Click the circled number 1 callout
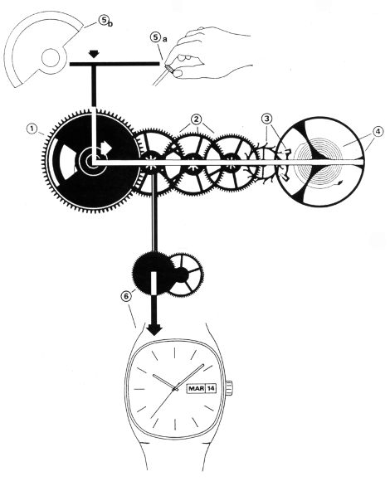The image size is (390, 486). click(x=32, y=129)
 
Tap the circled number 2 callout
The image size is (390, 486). click(x=196, y=119)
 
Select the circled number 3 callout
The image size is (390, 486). click(x=266, y=119)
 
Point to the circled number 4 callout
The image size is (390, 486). click(x=378, y=132)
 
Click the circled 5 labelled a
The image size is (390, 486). click(x=155, y=37)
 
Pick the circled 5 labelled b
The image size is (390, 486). click(x=103, y=20)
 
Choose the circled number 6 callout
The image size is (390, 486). click(x=126, y=297)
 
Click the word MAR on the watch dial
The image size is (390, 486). click(x=196, y=388)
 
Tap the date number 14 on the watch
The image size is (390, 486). click(x=211, y=388)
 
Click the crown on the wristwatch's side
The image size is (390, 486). click(x=230, y=388)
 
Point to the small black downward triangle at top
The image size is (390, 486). click(x=94, y=54)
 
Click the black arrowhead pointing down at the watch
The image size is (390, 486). click(x=154, y=330)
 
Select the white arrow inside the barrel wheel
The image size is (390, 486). click(x=105, y=148)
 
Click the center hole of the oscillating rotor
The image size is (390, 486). click(x=50, y=58)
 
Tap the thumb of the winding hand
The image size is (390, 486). click(x=178, y=74)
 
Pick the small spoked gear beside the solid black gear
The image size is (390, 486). click(x=185, y=275)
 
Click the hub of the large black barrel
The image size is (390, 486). click(x=91, y=162)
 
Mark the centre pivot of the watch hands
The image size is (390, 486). click(x=176, y=389)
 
